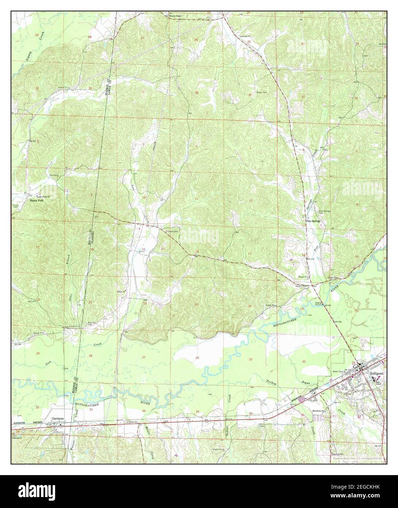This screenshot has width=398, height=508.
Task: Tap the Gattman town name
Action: pyautogui.click(x=58, y=417)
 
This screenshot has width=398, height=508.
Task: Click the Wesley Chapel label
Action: pyautogui.click(x=174, y=16)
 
